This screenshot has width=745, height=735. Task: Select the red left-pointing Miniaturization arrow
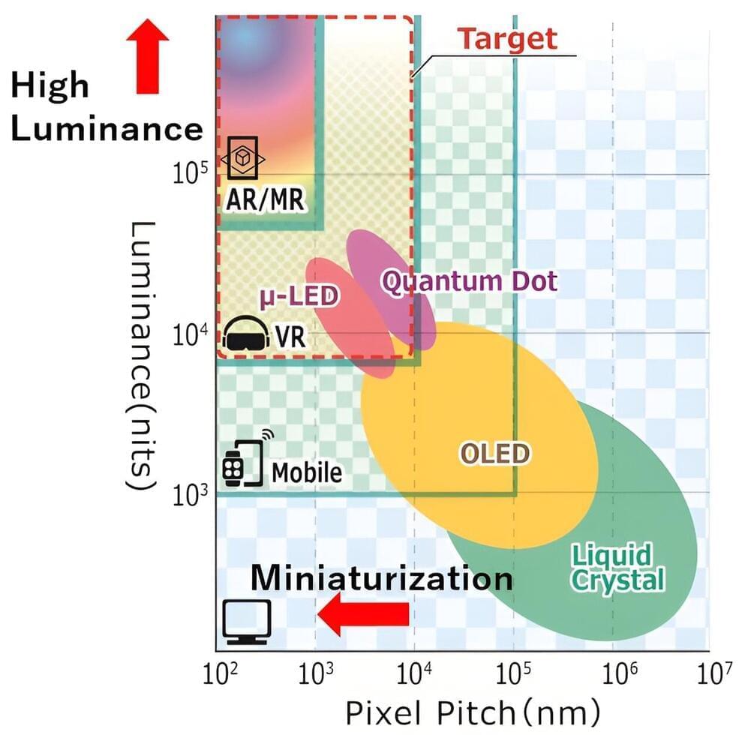click(x=364, y=613)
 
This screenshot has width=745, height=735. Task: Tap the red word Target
click(x=508, y=38)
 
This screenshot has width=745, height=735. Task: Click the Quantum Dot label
click(x=469, y=282)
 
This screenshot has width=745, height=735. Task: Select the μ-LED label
click(x=299, y=297)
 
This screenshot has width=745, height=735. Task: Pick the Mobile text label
click(x=306, y=472)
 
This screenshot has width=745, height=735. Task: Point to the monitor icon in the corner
click(x=246, y=622)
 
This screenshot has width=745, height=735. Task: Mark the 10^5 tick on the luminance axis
click(x=188, y=174)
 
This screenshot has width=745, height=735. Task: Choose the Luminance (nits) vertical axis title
click(x=143, y=356)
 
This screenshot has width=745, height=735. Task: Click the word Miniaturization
click(x=381, y=578)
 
